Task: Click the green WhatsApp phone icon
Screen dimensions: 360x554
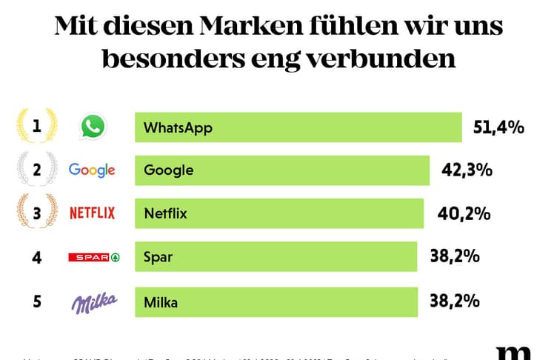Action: coord(93,127)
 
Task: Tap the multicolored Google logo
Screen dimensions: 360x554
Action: coord(92,170)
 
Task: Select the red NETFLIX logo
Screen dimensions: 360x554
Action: coord(92,214)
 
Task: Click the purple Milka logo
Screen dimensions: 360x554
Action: coord(93,301)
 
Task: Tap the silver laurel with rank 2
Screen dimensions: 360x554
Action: coord(36,170)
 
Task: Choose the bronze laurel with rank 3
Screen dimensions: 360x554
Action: coord(36,214)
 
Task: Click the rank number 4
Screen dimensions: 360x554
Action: coord(36,258)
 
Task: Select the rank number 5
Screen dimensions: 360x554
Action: coord(36,301)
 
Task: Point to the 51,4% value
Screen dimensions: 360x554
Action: coord(498,127)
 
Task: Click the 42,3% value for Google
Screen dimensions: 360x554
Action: coord(467,170)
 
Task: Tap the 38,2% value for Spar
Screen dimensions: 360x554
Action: coord(455,257)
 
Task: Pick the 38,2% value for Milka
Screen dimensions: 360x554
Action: coord(455,301)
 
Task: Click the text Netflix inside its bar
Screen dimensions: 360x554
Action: coord(165,214)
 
